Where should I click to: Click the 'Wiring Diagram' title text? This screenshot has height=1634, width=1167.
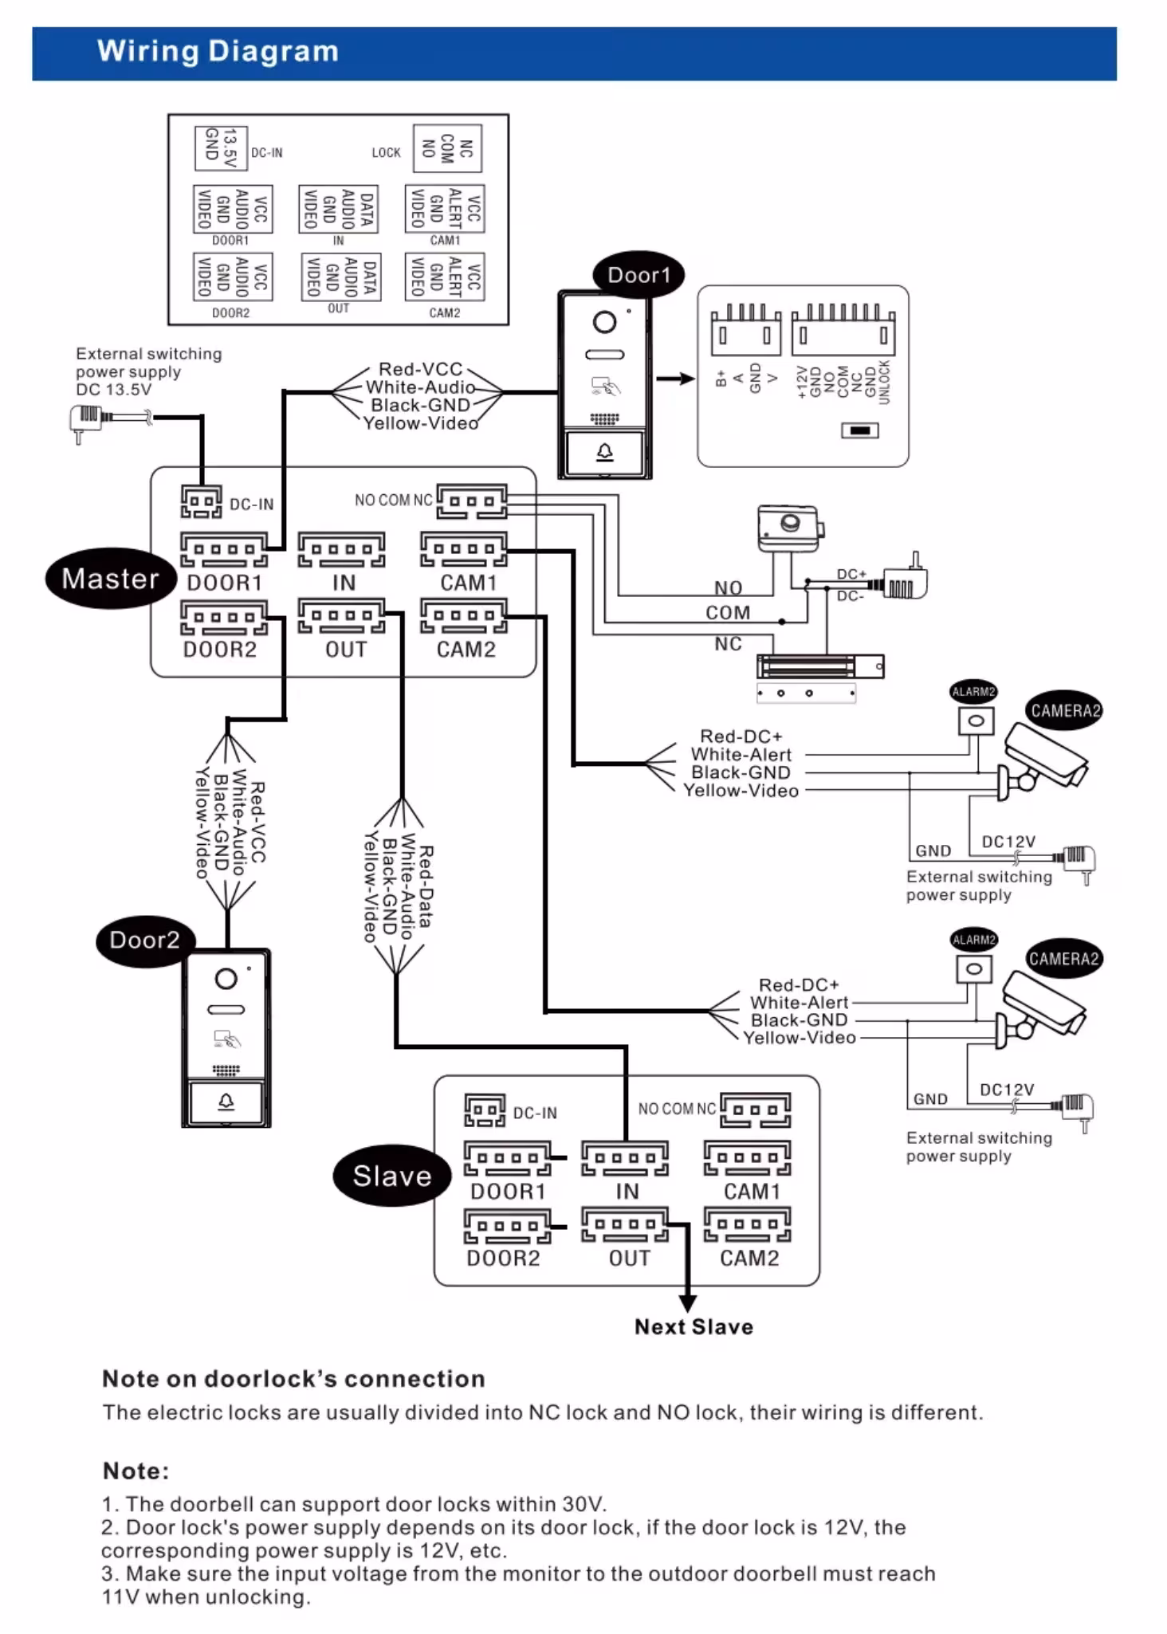click(218, 52)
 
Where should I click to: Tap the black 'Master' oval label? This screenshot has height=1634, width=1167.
click(110, 579)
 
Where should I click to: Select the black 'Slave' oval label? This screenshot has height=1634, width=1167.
click(391, 1176)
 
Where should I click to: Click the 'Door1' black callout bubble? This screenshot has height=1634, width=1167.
click(639, 275)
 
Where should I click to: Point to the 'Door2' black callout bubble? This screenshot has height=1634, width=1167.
click(143, 940)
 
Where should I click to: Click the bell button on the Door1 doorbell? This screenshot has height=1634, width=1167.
click(605, 453)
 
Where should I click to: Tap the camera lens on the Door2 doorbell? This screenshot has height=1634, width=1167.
click(226, 979)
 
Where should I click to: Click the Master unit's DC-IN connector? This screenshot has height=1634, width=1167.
click(201, 502)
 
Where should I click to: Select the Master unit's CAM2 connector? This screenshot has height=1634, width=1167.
click(463, 617)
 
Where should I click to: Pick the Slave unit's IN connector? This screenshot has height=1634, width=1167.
click(625, 1159)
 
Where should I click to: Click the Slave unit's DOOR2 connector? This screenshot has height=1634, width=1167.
click(507, 1226)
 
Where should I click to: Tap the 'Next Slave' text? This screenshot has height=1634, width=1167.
click(694, 1327)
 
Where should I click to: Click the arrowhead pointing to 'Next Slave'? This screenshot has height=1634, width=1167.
click(687, 1304)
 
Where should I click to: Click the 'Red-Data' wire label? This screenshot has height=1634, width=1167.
click(426, 886)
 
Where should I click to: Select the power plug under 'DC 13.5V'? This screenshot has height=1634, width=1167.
click(85, 420)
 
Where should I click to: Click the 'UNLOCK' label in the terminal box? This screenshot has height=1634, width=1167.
click(883, 382)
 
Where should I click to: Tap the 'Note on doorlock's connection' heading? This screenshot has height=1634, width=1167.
click(293, 1379)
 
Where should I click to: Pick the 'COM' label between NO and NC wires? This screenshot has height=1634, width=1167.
click(728, 613)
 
